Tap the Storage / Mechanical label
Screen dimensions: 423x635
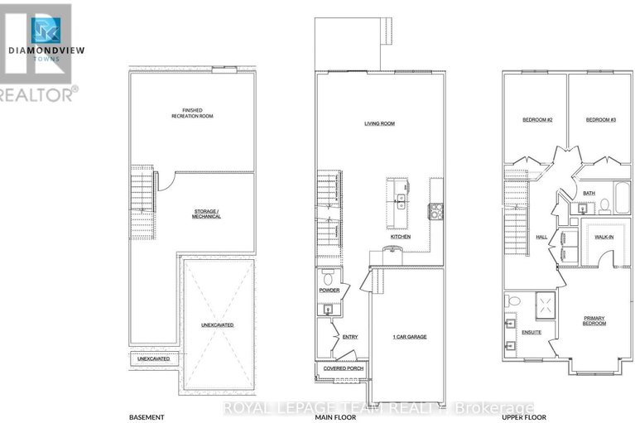[206, 214]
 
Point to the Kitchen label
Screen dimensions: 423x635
[401, 237]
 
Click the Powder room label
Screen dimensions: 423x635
[330, 291]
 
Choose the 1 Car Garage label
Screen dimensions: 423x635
[409, 337]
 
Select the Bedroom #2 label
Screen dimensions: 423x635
[537, 120]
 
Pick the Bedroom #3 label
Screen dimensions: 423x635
[601, 120]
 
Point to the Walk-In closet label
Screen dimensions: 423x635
[604, 237]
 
